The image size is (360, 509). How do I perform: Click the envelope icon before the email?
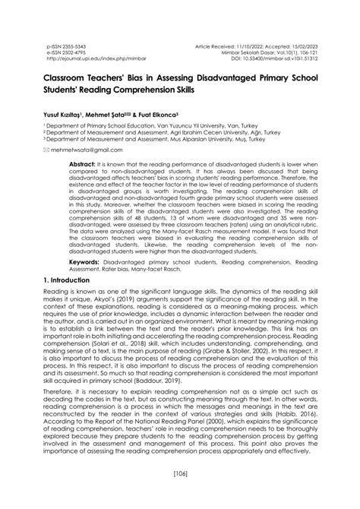[46, 151]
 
